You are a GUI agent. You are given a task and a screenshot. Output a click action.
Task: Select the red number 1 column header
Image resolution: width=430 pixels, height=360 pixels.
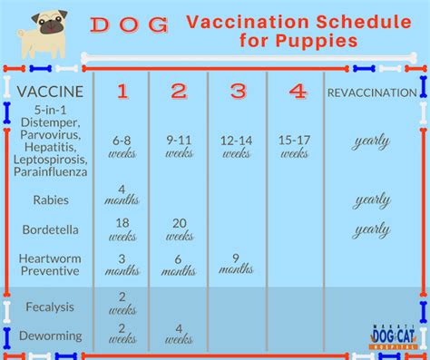tap(122, 92)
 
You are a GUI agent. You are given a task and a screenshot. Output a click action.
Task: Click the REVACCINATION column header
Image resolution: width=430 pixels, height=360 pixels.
tap(372, 92)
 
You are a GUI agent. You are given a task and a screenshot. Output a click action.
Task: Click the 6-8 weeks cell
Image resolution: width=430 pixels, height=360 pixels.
tap(122, 147)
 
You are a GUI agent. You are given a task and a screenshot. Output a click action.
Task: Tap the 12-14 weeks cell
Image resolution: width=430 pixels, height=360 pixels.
tap(236, 147)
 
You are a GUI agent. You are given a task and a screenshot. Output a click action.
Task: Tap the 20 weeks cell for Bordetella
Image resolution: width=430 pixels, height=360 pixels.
tap(179, 229)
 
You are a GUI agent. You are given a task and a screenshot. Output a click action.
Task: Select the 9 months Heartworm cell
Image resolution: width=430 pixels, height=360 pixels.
tap(236, 262)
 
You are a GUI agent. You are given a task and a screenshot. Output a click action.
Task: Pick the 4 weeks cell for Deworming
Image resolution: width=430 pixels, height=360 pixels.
tap(179, 334)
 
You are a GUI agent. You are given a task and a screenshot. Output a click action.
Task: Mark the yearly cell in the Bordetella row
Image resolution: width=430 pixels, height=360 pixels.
tap(372, 229)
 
